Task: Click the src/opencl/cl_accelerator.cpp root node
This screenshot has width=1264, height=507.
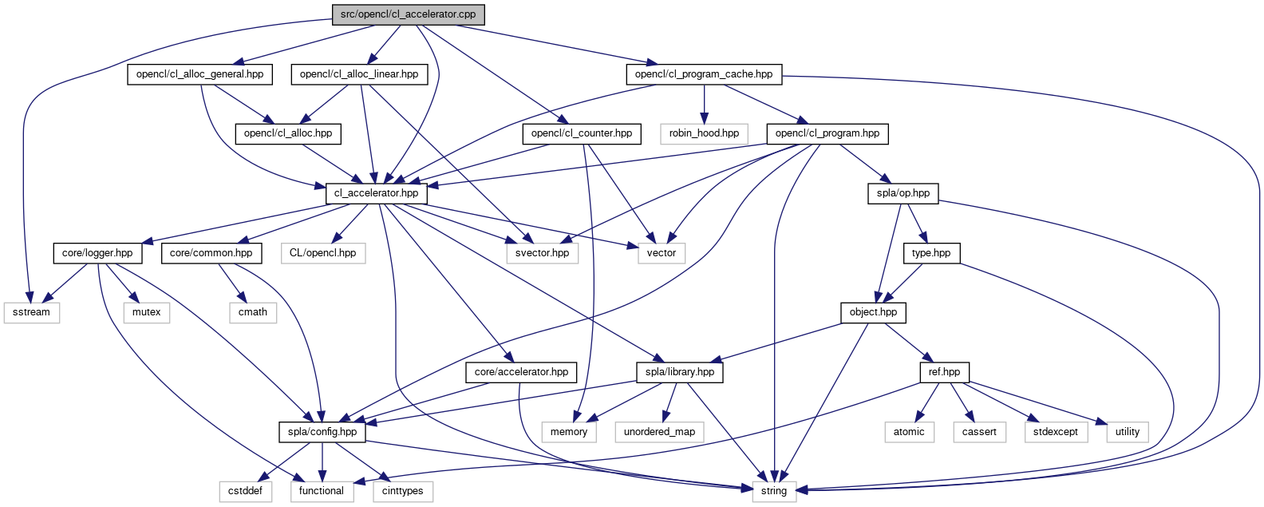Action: (409, 14)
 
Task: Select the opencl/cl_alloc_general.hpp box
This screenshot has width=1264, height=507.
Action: (199, 74)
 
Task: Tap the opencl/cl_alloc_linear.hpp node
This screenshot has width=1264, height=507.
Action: (359, 74)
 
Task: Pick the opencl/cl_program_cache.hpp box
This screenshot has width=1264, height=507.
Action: (704, 74)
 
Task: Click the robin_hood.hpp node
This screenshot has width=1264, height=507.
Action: (704, 133)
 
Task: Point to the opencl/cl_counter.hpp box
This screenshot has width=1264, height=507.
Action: (582, 133)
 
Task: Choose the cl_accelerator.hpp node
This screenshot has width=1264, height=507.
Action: (376, 193)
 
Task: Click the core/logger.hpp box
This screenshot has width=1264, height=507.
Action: (97, 253)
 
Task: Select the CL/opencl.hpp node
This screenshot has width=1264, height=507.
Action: (323, 253)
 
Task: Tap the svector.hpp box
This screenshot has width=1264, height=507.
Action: (543, 253)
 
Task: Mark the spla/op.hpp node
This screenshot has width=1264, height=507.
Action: (903, 193)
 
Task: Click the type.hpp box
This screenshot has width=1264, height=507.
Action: (931, 253)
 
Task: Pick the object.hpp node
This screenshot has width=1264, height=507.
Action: (873, 312)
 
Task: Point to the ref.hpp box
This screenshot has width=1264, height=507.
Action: (945, 372)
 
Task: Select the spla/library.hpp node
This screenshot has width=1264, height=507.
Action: (680, 372)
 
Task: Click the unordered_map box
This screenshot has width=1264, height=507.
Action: (659, 432)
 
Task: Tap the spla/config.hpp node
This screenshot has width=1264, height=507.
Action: (322, 432)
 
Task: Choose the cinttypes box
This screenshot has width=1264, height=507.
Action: (403, 491)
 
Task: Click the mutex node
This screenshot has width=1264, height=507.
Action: (147, 312)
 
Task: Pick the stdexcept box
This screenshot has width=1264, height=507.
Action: (1056, 432)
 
